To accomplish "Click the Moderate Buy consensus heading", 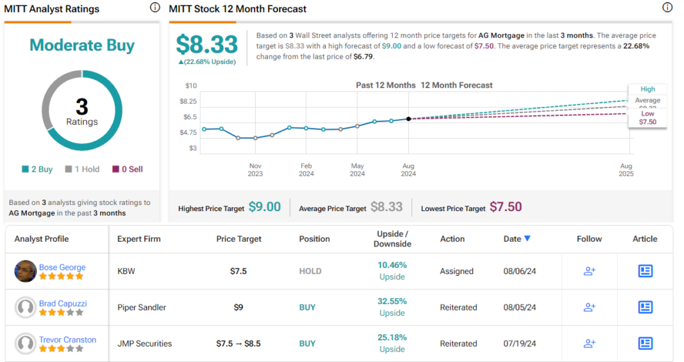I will (x=81, y=45).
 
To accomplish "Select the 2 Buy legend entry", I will (x=37, y=169).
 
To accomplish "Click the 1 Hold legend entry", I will (x=82, y=169).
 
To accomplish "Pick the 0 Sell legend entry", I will (x=127, y=169).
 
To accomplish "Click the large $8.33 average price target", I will (x=207, y=44).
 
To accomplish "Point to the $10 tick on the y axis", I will (x=191, y=85).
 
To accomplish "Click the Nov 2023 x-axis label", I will (x=255, y=170).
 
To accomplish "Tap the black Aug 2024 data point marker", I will (x=408, y=118).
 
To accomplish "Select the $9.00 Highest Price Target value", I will (x=265, y=207).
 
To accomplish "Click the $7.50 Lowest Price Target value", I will (x=506, y=207).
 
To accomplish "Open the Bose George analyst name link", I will (x=62, y=267).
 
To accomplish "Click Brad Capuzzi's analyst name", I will (x=63, y=303).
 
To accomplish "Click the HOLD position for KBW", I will (x=310, y=271).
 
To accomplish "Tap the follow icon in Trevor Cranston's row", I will (x=589, y=343).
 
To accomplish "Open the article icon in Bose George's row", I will (x=645, y=271).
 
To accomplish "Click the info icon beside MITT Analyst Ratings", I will (x=155, y=8).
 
